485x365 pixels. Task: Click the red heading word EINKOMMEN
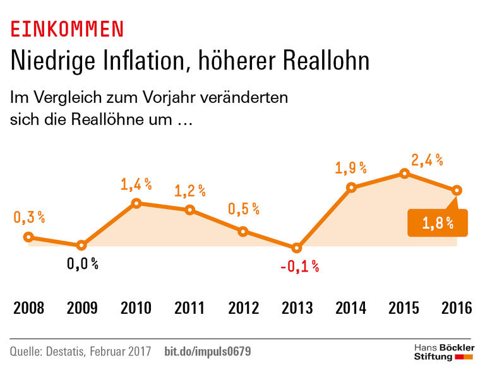point(67,28)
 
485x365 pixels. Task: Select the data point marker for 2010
point(136,203)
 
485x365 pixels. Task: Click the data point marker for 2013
point(297,248)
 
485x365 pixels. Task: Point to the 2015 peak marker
point(404,174)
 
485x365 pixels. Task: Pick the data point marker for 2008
point(28,237)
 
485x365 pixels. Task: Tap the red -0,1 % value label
point(299,266)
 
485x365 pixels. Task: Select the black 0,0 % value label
point(82,263)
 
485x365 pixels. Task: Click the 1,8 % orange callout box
point(438,222)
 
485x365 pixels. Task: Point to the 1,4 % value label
point(136,184)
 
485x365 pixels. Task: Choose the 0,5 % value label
point(244,209)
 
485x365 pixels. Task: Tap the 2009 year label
point(82,308)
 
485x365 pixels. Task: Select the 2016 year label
point(457,308)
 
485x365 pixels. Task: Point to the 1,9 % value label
point(350,168)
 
